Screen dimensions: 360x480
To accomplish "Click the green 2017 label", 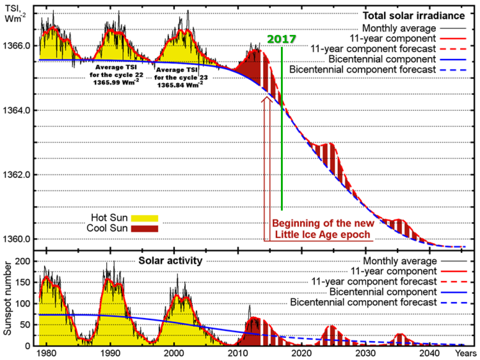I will point(281,40).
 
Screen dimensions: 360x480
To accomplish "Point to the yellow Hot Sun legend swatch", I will point(144,217).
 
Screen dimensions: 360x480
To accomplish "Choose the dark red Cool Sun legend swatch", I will point(144,229).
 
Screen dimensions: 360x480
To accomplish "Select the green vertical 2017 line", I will point(282,138).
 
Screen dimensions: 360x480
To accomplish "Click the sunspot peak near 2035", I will point(400,334).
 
